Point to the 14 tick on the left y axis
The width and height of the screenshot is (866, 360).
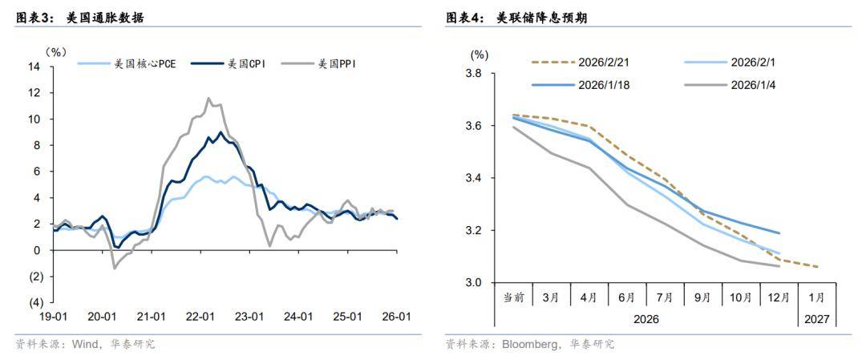click(x=35, y=67)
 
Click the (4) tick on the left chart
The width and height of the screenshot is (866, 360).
click(x=34, y=302)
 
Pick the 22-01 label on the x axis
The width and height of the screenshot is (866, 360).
click(x=200, y=316)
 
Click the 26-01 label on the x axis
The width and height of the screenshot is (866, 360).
click(x=397, y=316)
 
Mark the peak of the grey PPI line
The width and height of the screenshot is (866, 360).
click(x=208, y=99)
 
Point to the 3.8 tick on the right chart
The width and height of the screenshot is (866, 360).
click(x=473, y=74)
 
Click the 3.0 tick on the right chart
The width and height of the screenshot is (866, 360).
click(x=473, y=283)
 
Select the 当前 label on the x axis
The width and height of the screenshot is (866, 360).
click(x=514, y=297)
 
